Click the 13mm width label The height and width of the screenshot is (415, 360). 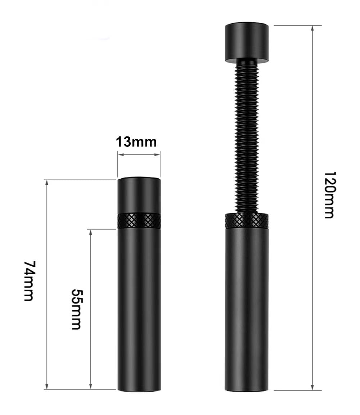point(136,142)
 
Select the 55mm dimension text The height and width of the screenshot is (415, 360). point(76,309)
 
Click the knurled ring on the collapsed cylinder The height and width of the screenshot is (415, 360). point(139,221)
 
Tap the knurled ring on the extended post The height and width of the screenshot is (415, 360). point(247,221)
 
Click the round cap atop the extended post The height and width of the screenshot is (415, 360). point(247,43)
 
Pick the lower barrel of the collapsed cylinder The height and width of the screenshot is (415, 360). point(139,310)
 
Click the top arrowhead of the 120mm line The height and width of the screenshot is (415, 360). point(312,28)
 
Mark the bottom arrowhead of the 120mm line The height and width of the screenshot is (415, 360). point(312,387)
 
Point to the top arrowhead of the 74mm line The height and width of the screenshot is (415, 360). point(47,182)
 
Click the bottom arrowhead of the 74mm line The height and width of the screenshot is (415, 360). point(47,387)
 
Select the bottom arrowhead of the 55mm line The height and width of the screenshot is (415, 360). point(91,387)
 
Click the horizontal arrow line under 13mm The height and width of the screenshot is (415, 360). point(139,155)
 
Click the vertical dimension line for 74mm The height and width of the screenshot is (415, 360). point(47,234)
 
